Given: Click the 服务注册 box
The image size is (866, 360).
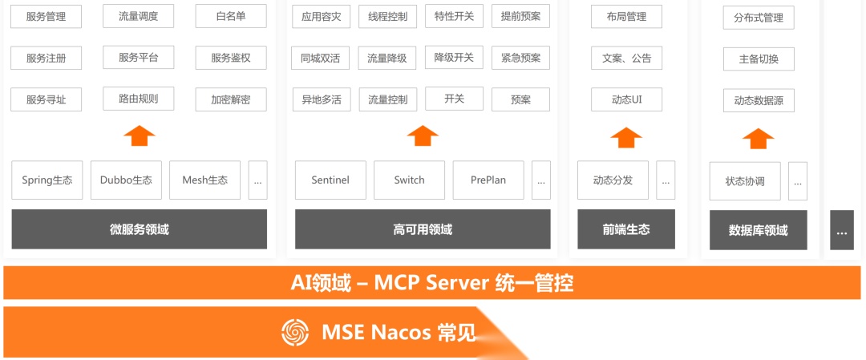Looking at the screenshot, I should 46,59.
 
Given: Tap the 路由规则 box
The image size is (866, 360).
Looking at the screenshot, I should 139,99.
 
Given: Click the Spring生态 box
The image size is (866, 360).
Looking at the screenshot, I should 47,180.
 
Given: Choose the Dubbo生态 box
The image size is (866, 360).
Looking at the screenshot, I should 126,180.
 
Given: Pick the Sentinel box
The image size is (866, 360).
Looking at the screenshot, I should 330,180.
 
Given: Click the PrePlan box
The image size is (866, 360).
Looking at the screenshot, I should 488,180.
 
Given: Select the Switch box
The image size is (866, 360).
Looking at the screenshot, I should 409,180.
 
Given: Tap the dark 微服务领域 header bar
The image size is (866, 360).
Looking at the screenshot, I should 139,229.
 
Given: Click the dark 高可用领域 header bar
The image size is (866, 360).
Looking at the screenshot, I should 423,229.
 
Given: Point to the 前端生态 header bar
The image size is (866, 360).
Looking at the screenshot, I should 626,229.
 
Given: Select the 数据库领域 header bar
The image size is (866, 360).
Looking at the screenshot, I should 758,230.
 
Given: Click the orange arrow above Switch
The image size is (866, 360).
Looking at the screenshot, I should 423,136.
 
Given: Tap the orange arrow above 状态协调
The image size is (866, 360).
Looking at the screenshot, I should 758,138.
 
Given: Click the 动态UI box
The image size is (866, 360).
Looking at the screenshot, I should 626,99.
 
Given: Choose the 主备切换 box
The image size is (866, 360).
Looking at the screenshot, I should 758,59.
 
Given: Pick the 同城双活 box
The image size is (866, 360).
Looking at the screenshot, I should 321,58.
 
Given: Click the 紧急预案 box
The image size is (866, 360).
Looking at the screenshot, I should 520,58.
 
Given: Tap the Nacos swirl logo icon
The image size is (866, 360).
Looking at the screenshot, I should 295,332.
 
